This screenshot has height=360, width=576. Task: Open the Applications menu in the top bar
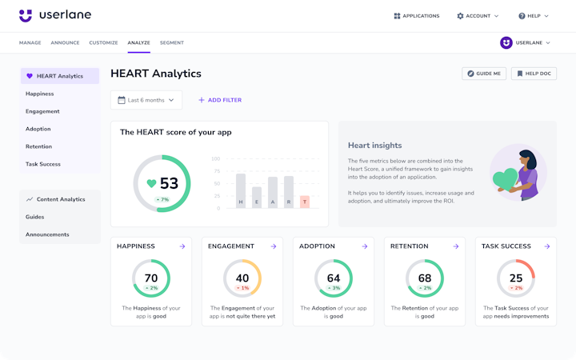coord(417,16)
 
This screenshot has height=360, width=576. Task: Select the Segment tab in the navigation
coord(171,42)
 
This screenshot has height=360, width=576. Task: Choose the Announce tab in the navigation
coord(65,42)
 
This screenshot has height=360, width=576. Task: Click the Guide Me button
coord(484,74)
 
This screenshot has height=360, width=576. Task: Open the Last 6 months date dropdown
coord(146,100)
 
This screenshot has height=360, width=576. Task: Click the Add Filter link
coord(220,100)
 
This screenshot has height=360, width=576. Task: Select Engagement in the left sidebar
coord(42,111)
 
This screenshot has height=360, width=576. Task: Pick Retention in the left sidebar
coord(38,146)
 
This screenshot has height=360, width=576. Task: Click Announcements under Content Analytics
coord(47,234)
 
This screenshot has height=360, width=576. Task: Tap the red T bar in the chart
coord(304,202)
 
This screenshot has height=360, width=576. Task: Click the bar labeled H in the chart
coord(240,190)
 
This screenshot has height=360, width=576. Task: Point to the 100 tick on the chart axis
coord(216,159)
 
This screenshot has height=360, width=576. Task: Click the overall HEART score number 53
coord(169,183)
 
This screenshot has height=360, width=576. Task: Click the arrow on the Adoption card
coord(365,246)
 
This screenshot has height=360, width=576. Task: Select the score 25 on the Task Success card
coord(516,278)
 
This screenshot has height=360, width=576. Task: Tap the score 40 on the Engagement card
coord(242,278)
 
